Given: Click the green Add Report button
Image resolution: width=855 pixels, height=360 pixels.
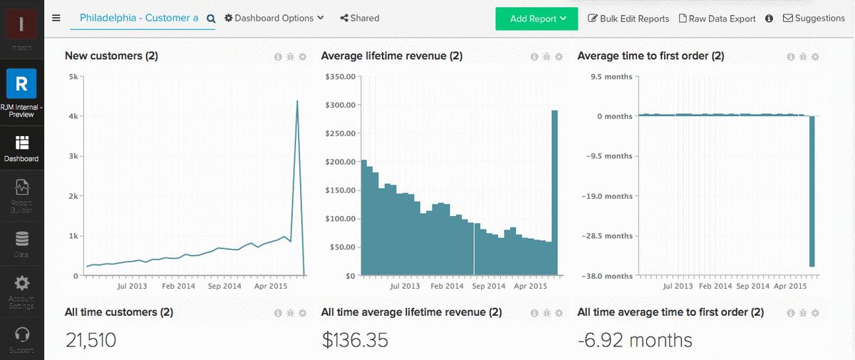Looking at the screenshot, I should pyautogui.click(x=536, y=19).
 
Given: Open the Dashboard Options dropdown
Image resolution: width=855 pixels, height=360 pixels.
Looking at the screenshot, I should pyautogui.click(x=274, y=18).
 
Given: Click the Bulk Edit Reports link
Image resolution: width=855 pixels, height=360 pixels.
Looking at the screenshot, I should pyautogui.click(x=628, y=19).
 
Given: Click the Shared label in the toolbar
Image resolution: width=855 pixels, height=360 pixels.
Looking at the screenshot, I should pyautogui.click(x=360, y=18).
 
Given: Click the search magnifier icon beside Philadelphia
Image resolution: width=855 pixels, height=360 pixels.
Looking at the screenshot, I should pyautogui.click(x=211, y=19).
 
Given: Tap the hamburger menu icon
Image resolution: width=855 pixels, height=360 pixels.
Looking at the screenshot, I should pyautogui.click(x=56, y=18).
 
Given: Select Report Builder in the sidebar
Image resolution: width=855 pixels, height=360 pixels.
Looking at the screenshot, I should pyautogui.click(x=21, y=196).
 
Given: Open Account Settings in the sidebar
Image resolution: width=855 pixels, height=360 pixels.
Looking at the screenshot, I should pyautogui.click(x=21, y=291).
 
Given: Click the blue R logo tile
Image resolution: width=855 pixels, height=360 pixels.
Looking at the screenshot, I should pyautogui.click(x=21, y=83).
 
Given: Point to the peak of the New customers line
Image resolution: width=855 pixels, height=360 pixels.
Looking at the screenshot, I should pyautogui.click(x=297, y=101).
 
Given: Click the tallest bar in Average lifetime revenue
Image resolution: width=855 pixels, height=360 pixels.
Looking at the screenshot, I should pyautogui.click(x=554, y=192).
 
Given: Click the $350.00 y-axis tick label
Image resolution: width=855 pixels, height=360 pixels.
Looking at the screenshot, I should pyautogui.click(x=340, y=76).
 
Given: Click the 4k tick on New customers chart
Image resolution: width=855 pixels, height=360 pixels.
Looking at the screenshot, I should pyautogui.click(x=73, y=116).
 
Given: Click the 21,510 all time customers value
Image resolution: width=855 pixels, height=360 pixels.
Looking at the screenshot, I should pyautogui.click(x=90, y=340).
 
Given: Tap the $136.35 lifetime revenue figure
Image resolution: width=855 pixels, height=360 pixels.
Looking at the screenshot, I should pyautogui.click(x=355, y=340).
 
